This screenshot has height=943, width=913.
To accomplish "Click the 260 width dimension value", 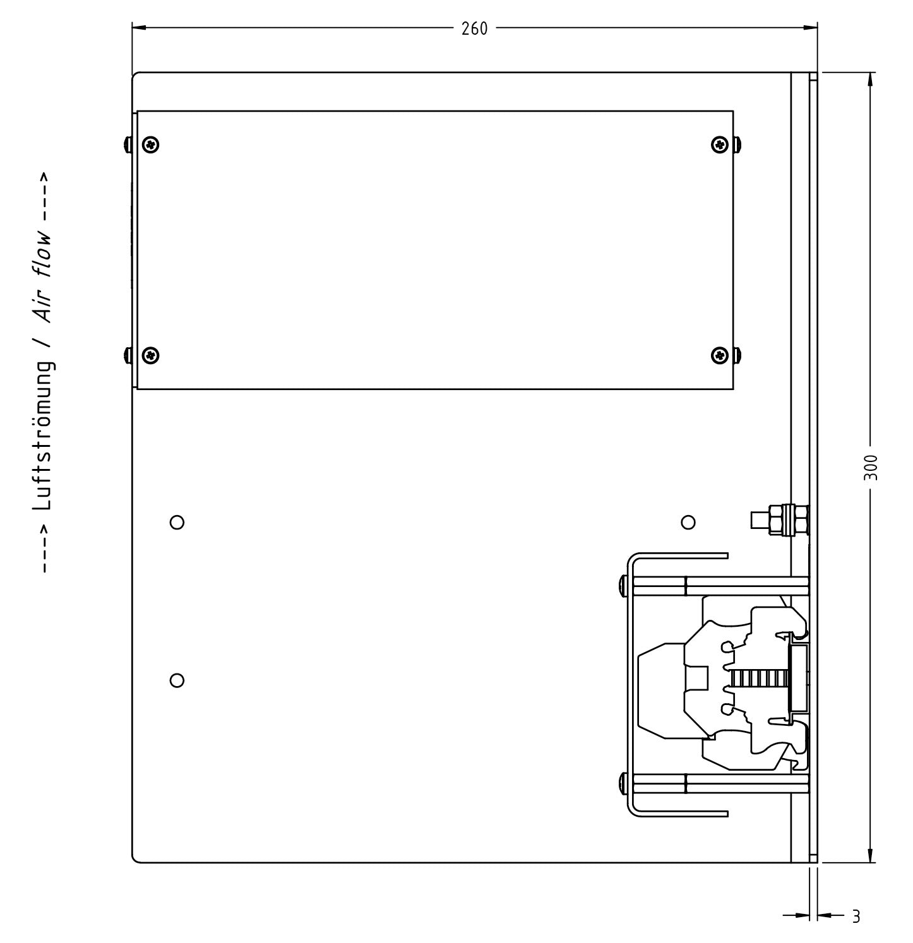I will [x=474, y=29].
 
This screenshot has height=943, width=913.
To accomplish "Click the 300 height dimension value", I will [x=870, y=467].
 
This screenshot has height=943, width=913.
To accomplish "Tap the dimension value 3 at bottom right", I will [x=856, y=916].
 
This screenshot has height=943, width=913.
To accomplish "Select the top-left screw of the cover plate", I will [x=151, y=145].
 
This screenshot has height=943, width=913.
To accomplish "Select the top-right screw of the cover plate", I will [x=720, y=145].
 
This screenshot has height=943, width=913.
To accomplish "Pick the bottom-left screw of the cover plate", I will [x=151, y=355].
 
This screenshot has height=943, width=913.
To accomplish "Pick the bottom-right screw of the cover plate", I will [x=720, y=355].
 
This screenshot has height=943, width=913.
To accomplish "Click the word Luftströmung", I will [x=44, y=436].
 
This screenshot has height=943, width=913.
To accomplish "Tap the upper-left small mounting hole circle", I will [x=177, y=523].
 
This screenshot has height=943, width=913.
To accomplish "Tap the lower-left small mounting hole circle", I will [x=177, y=680].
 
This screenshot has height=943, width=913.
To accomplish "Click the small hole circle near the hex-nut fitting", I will [x=689, y=523].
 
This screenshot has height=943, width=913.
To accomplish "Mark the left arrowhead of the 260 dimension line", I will [x=139, y=28].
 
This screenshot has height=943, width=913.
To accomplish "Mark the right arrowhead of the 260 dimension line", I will [x=810, y=28].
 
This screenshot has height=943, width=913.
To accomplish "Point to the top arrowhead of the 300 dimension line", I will [x=871, y=80].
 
